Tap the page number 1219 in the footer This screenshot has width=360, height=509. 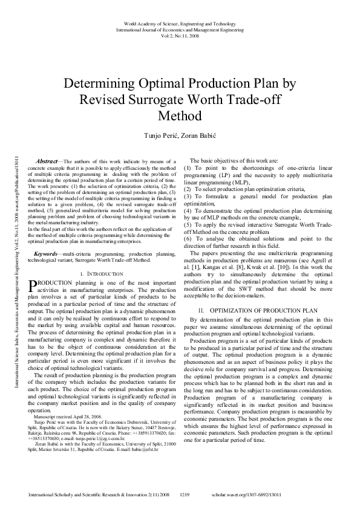click(x=186, y=495)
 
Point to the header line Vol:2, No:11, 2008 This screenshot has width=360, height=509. click(x=179, y=35)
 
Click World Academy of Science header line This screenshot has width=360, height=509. click(x=179, y=24)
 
